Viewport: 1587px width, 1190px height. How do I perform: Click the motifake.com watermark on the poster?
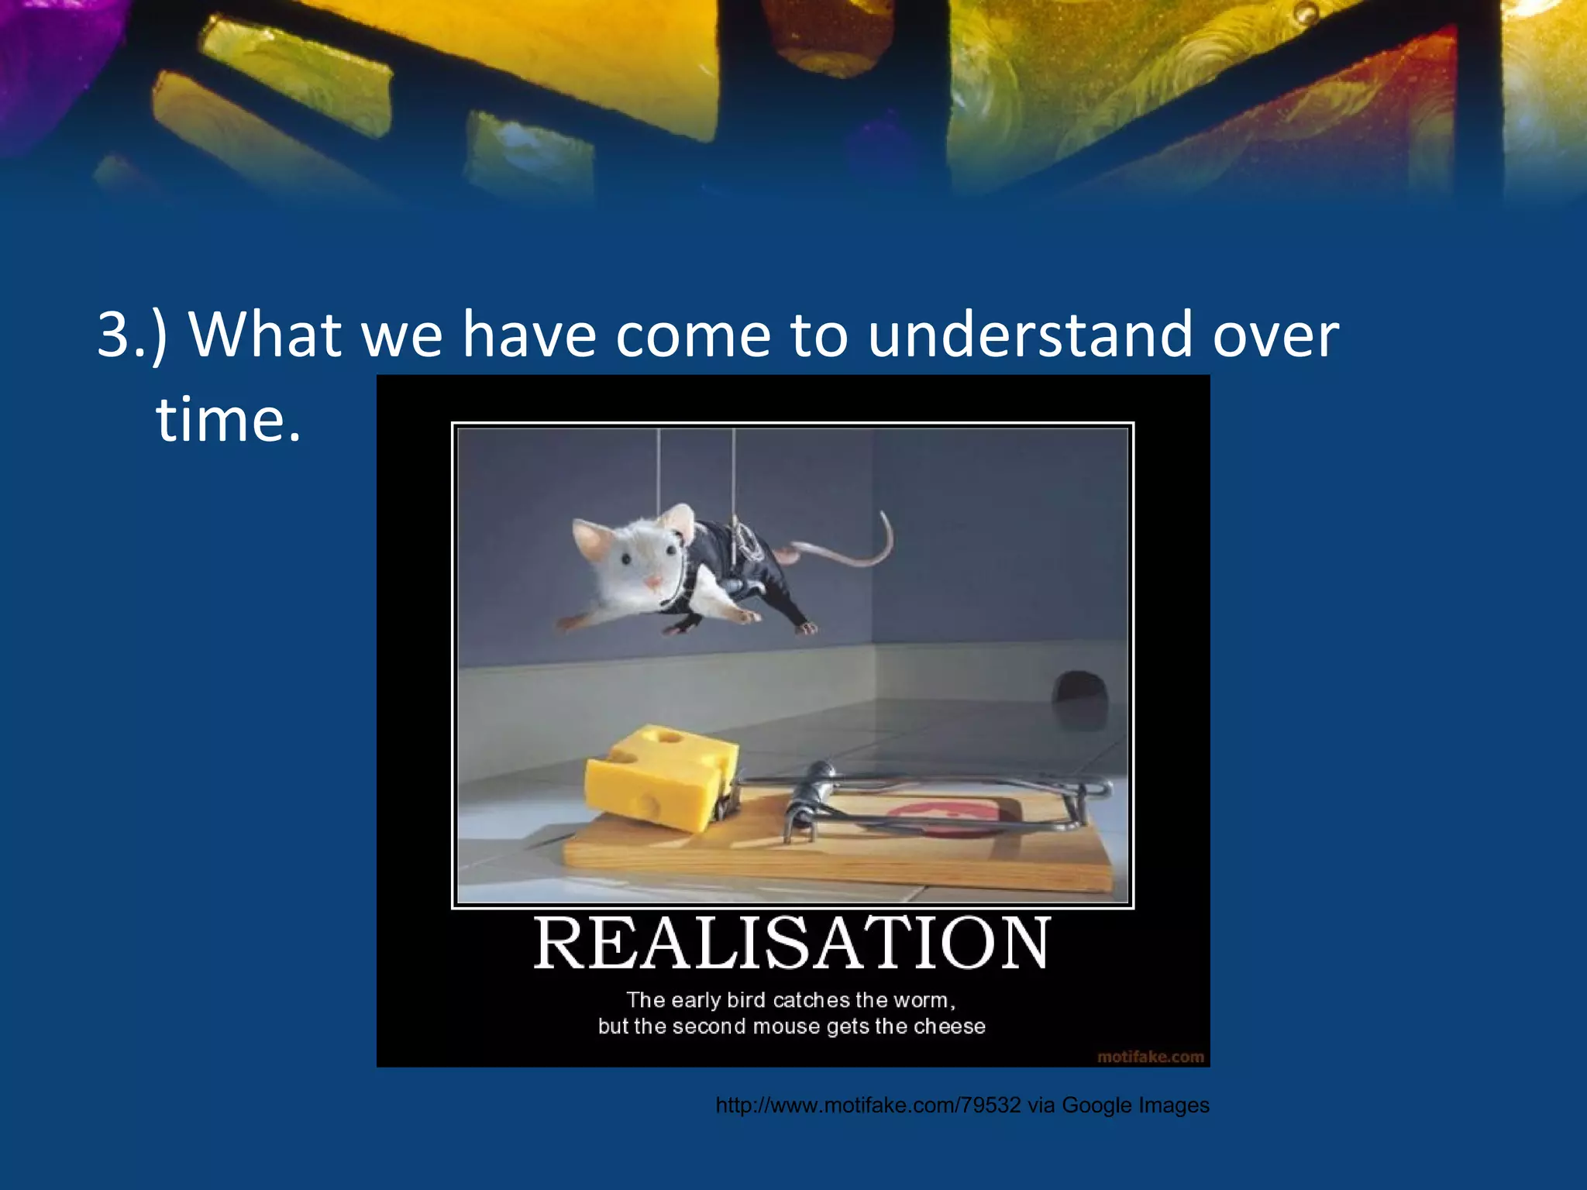point(1151,1057)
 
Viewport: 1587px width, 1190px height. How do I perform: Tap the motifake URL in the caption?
point(868,1106)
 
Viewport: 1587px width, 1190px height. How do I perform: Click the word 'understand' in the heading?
point(1030,335)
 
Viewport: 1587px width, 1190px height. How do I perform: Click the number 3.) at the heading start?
point(132,335)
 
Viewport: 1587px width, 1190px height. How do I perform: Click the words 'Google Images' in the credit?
point(1135,1106)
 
